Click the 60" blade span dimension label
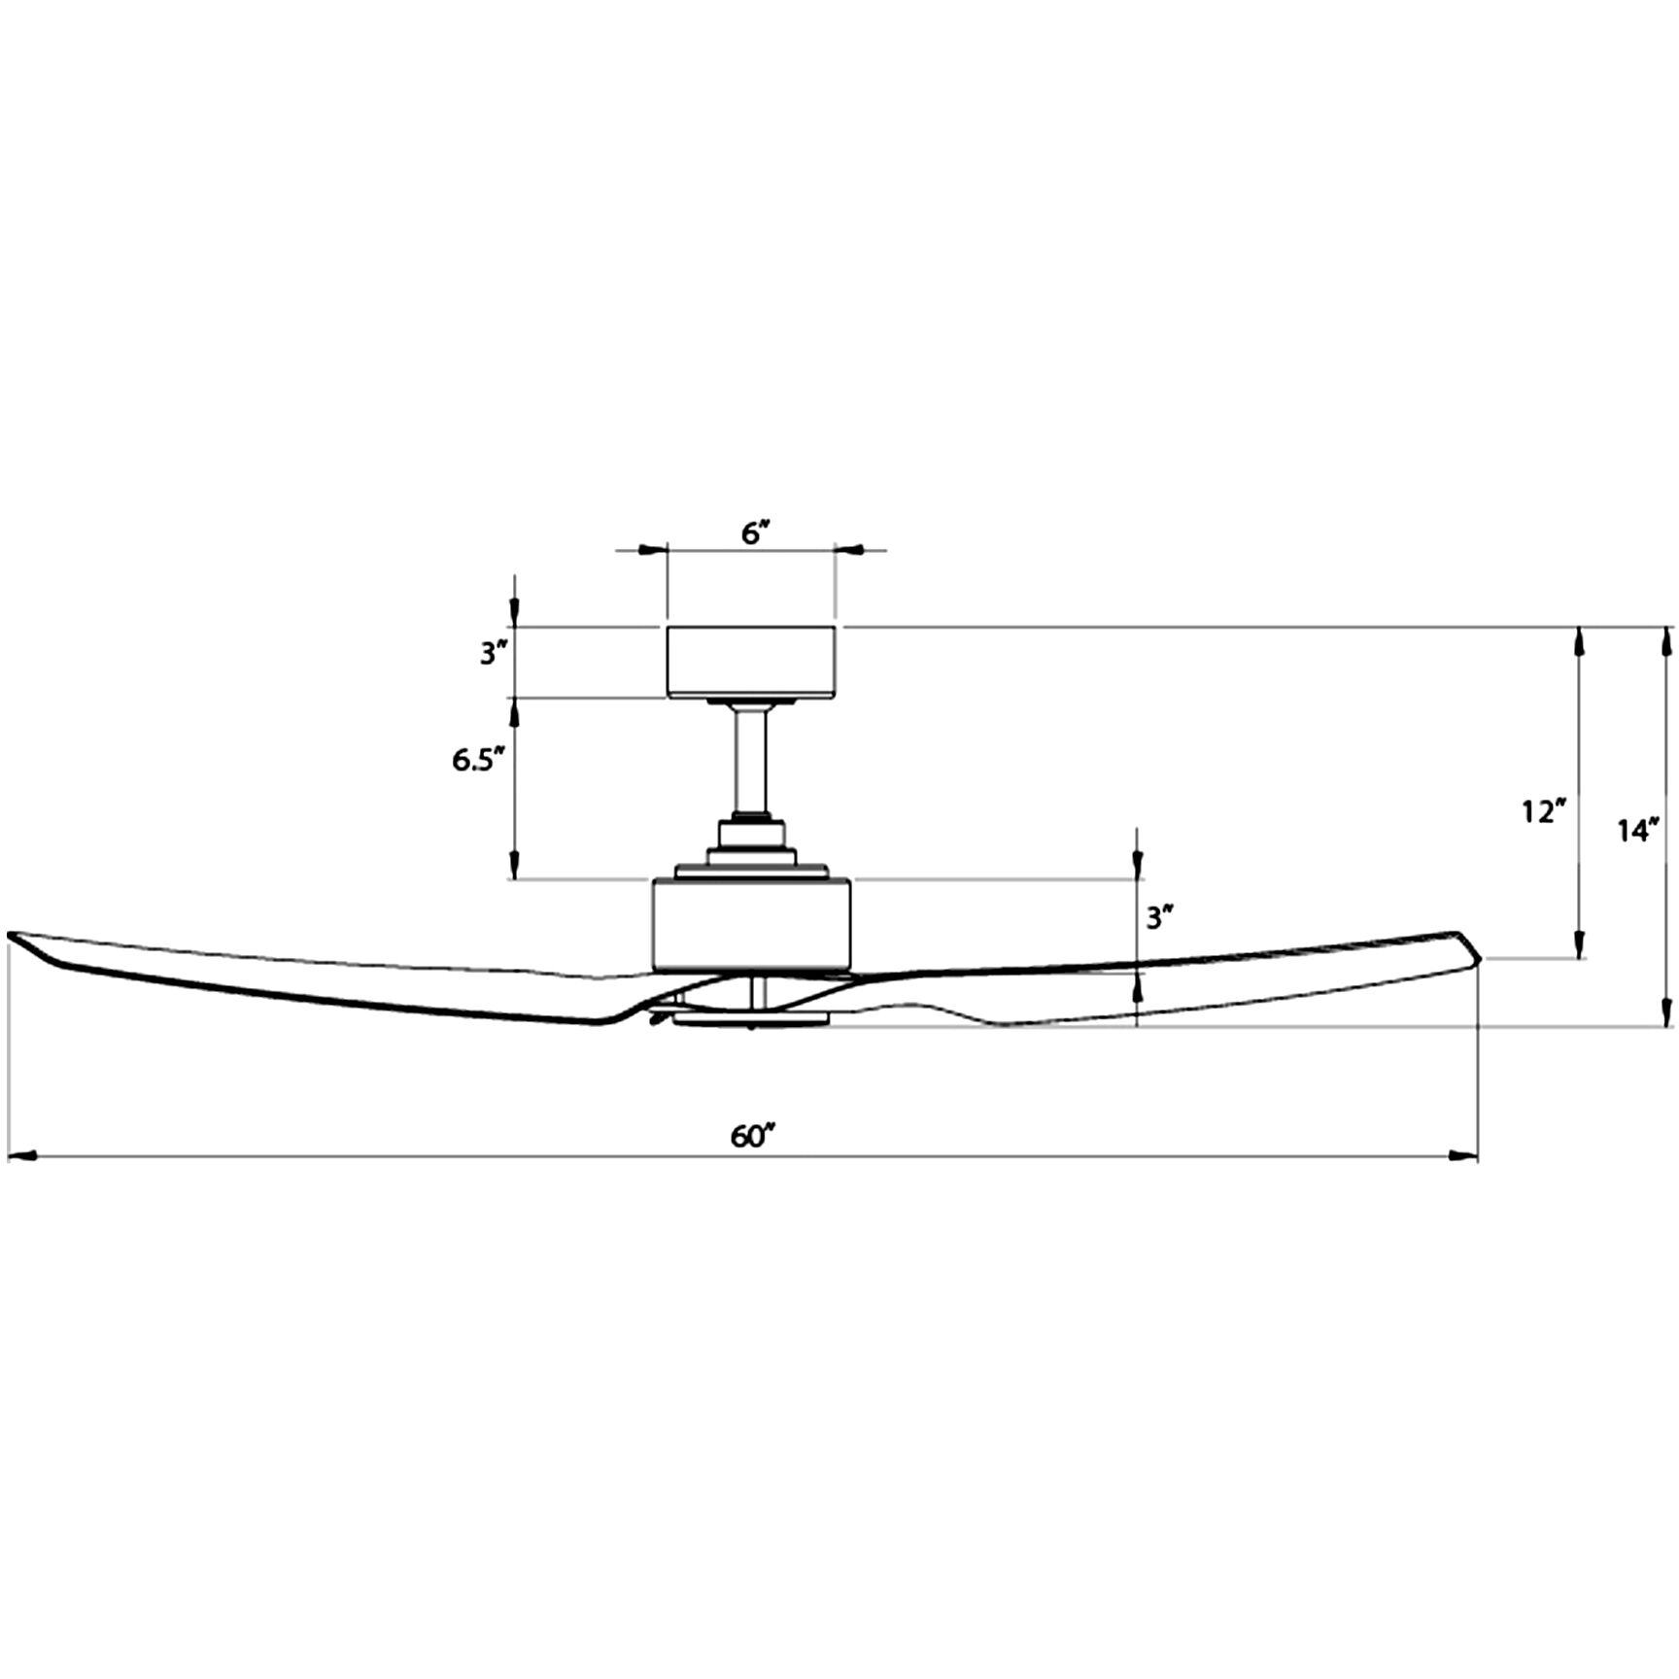753,1136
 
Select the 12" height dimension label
1543,810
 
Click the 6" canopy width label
755,533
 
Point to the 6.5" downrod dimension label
478,760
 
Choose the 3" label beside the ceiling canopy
494,654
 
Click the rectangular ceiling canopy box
751,662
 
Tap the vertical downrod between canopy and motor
751,763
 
